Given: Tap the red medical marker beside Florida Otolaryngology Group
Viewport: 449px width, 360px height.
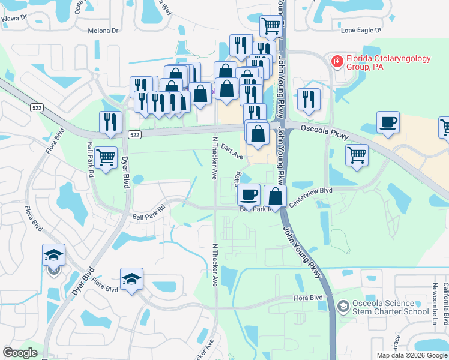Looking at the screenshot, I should pos(337,61).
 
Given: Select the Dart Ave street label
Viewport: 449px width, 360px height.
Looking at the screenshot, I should pos(231,151).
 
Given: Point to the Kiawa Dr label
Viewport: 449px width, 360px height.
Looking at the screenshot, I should pos(14,18).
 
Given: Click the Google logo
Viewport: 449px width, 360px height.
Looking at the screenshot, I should pos(20,353).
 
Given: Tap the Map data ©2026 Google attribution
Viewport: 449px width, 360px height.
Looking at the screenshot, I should pos(411,355).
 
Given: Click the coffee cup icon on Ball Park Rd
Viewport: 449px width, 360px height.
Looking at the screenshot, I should pos(249,196).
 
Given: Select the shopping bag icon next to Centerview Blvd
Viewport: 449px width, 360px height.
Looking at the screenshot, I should pos(275,196).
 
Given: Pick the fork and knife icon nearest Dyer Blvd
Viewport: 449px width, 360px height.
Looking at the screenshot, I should pos(110,122).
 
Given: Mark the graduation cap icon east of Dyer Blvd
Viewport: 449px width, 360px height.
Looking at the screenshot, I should pos(131,280).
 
